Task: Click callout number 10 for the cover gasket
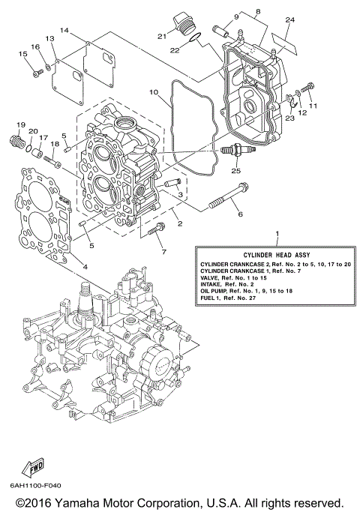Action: tap(154, 93)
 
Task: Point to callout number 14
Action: tap(65, 30)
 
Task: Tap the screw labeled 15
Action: tap(35, 71)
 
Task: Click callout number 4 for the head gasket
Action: tap(85, 267)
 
